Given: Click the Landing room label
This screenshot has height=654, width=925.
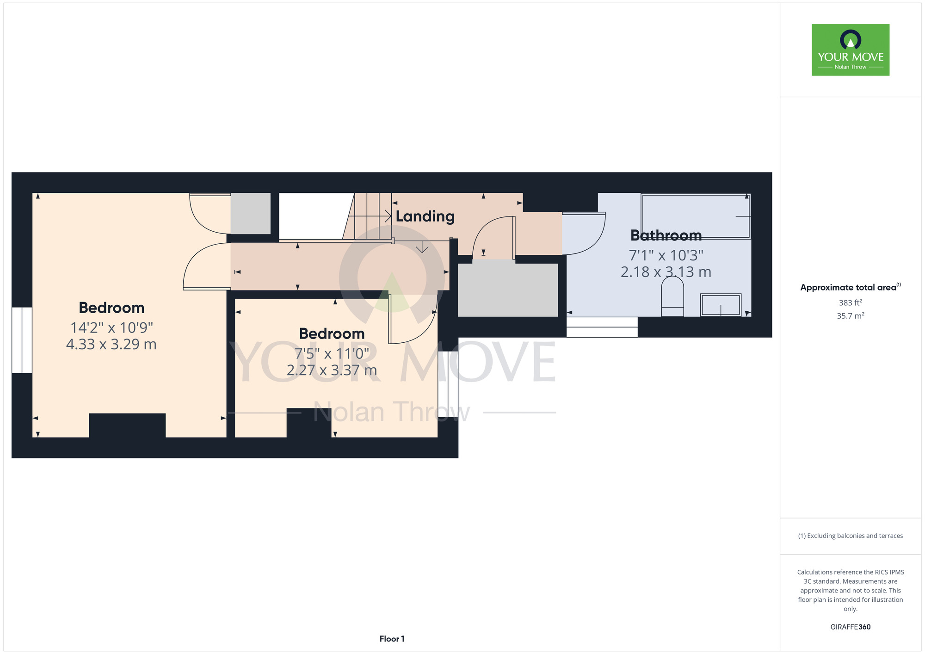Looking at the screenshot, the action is pyautogui.click(x=425, y=216).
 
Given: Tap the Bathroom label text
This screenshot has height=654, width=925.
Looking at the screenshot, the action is pyautogui.click(x=666, y=235).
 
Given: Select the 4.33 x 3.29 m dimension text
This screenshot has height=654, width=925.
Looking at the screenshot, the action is pyautogui.click(x=111, y=345).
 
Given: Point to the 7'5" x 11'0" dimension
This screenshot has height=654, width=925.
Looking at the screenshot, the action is pyautogui.click(x=332, y=354).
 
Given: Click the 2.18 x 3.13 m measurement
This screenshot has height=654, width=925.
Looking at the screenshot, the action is pyautogui.click(x=666, y=272).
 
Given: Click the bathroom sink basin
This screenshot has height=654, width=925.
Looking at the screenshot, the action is pyautogui.click(x=721, y=305).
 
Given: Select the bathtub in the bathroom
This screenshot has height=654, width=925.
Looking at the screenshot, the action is pyautogui.click(x=696, y=216).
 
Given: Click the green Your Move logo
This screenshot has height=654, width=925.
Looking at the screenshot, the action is pyautogui.click(x=851, y=50).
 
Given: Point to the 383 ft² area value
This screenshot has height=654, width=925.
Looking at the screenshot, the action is pyautogui.click(x=851, y=303).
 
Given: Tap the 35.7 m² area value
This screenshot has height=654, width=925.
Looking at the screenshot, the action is pyautogui.click(x=851, y=316).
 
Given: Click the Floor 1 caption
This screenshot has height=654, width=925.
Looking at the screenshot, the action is pyautogui.click(x=392, y=639).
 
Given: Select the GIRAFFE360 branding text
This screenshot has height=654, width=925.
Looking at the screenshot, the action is pyautogui.click(x=851, y=627).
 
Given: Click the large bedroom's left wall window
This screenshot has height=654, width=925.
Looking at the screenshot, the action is pyautogui.click(x=22, y=340).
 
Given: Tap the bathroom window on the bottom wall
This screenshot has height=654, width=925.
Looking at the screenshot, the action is pyautogui.click(x=602, y=327).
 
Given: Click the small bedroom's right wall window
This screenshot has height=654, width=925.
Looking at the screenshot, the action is pyautogui.click(x=448, y=384).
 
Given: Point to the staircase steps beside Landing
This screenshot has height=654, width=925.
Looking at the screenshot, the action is pyautogui.click(x=368, y=216).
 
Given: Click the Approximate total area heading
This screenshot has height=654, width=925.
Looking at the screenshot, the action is pyautogui.click(x=851, y=287).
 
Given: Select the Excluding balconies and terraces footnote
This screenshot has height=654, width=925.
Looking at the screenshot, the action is pyautogui.click(x=851, y=536).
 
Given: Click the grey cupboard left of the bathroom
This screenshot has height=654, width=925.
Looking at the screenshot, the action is pyautogui.click(x=508, y=290).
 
